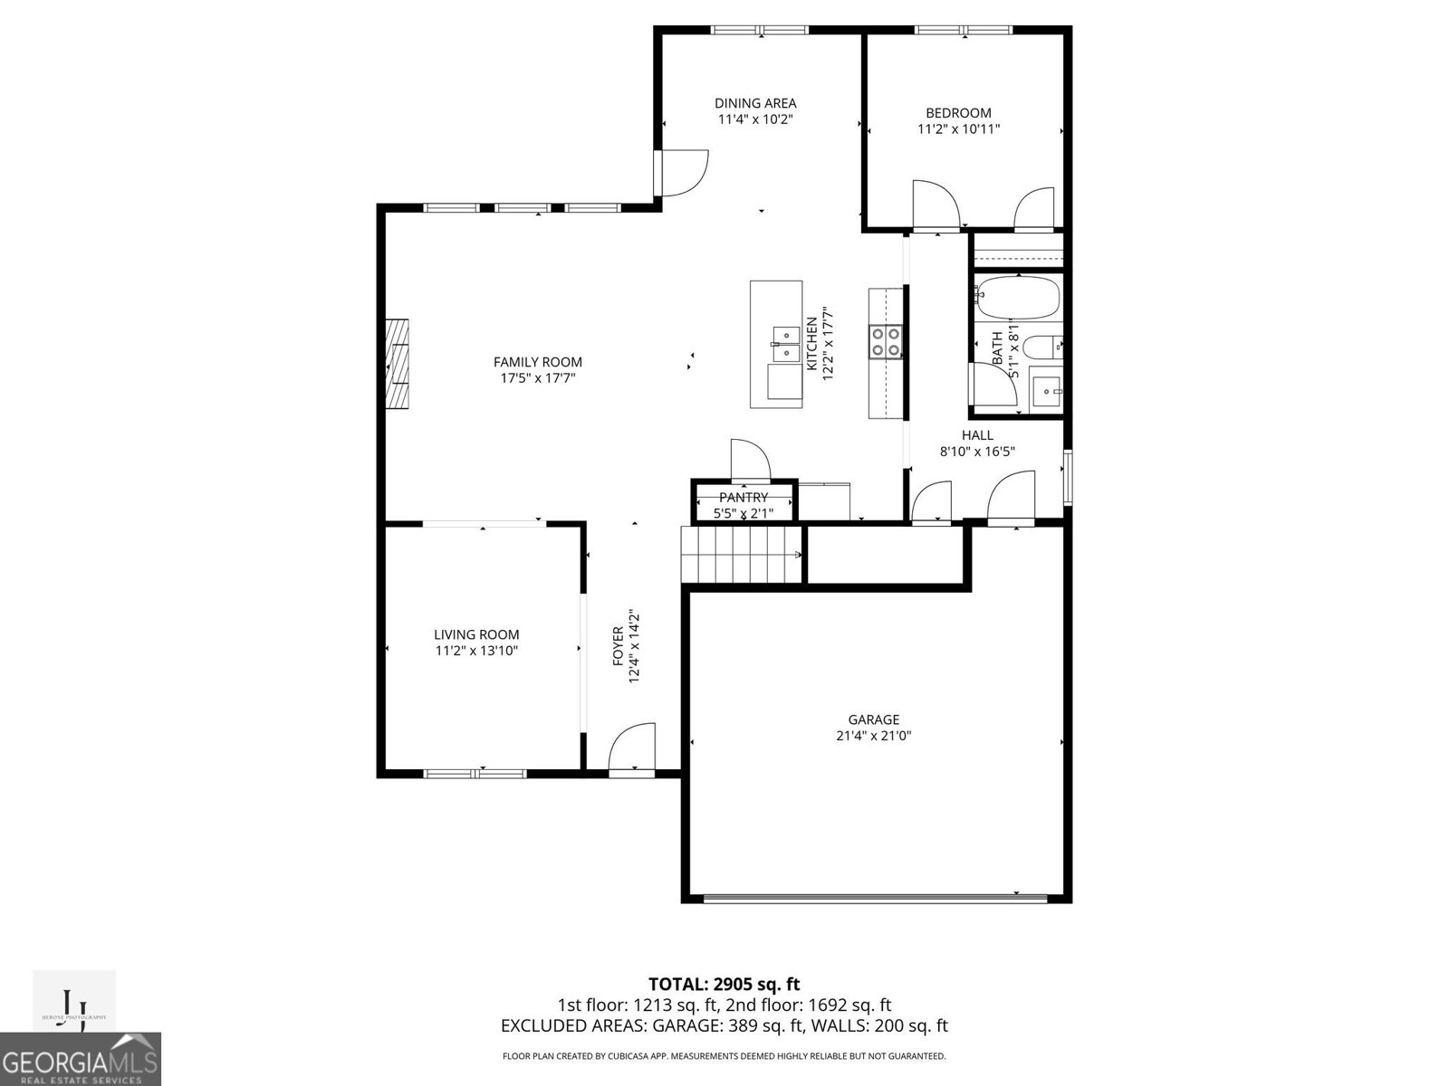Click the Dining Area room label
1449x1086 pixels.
755,103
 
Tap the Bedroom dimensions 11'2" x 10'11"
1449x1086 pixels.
958,129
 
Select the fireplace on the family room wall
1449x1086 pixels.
397,364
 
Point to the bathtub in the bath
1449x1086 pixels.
1018,298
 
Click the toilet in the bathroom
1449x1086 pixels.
1042,347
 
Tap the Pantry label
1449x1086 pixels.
744,498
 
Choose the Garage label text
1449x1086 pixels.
873,719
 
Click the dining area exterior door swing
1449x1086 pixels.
681,172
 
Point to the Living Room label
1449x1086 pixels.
476,634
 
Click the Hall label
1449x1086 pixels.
977,435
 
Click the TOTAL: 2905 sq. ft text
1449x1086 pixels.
724,984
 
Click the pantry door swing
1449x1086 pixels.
749,460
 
